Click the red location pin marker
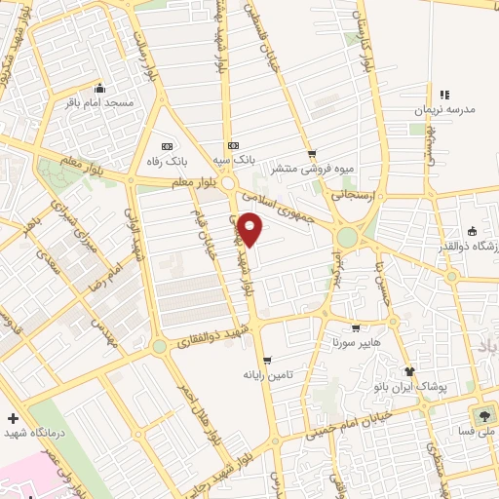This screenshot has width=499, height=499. point(250,228)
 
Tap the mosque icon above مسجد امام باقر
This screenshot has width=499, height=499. point(96,85)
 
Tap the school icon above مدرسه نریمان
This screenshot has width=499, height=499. point(444,95)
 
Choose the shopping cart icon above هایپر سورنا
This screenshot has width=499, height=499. point(355,328)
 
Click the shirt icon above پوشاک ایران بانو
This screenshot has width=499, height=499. point(409,371)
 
